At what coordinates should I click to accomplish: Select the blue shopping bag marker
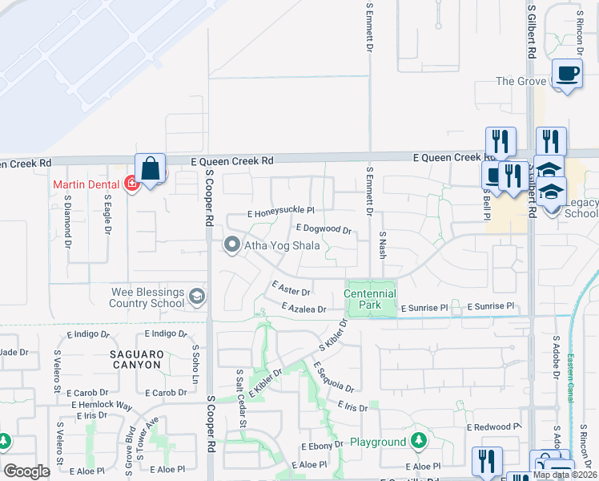tap(150, 169)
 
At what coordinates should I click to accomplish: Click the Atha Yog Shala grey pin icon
tap(232, 245)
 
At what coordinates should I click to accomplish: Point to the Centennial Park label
tap(370, 299)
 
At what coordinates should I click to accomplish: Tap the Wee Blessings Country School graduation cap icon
tap(195, 298)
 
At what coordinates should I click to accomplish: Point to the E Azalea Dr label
tap(304, 309)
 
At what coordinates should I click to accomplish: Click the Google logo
tap(27, 471)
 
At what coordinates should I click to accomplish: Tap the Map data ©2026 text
tap(565, 475)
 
